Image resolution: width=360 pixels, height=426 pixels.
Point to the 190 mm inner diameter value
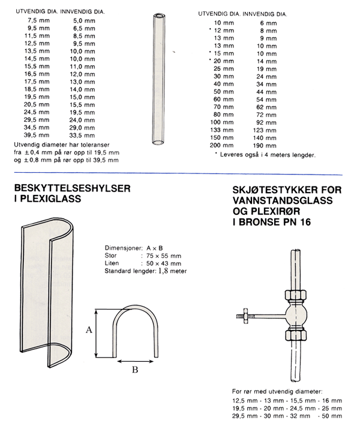[x=268, y=146]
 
